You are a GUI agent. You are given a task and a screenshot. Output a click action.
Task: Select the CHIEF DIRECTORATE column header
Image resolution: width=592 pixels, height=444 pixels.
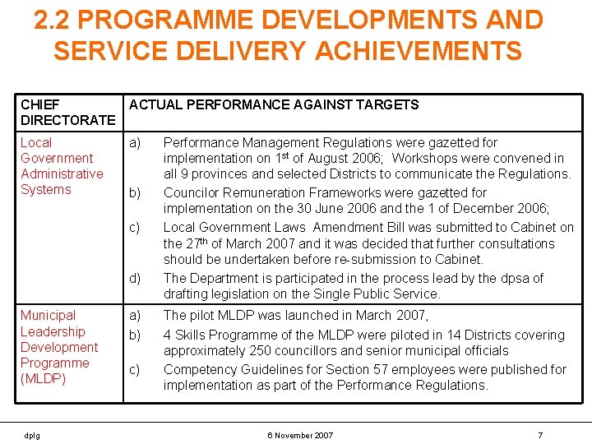point(67,113)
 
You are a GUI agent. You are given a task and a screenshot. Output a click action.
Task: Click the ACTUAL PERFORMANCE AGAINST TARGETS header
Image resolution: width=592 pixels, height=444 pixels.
point(274,105)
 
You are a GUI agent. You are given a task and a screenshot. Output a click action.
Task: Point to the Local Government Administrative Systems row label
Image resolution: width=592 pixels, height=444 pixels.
point(62,166)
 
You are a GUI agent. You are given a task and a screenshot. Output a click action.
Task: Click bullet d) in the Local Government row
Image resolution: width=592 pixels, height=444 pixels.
point(137,279)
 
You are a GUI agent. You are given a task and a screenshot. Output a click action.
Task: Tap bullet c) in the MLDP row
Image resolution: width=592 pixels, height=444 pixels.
point(137,370)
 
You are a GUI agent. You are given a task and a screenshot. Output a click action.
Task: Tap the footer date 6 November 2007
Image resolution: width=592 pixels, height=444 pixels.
point(300,435)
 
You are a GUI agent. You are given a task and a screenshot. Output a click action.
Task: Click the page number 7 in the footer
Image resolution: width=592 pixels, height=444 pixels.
point(540,435)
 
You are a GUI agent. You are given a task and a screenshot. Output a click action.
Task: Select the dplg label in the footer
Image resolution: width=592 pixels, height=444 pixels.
point(30,435)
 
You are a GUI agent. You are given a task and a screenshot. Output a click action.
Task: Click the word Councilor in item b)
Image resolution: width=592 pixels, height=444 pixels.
point(194,193)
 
